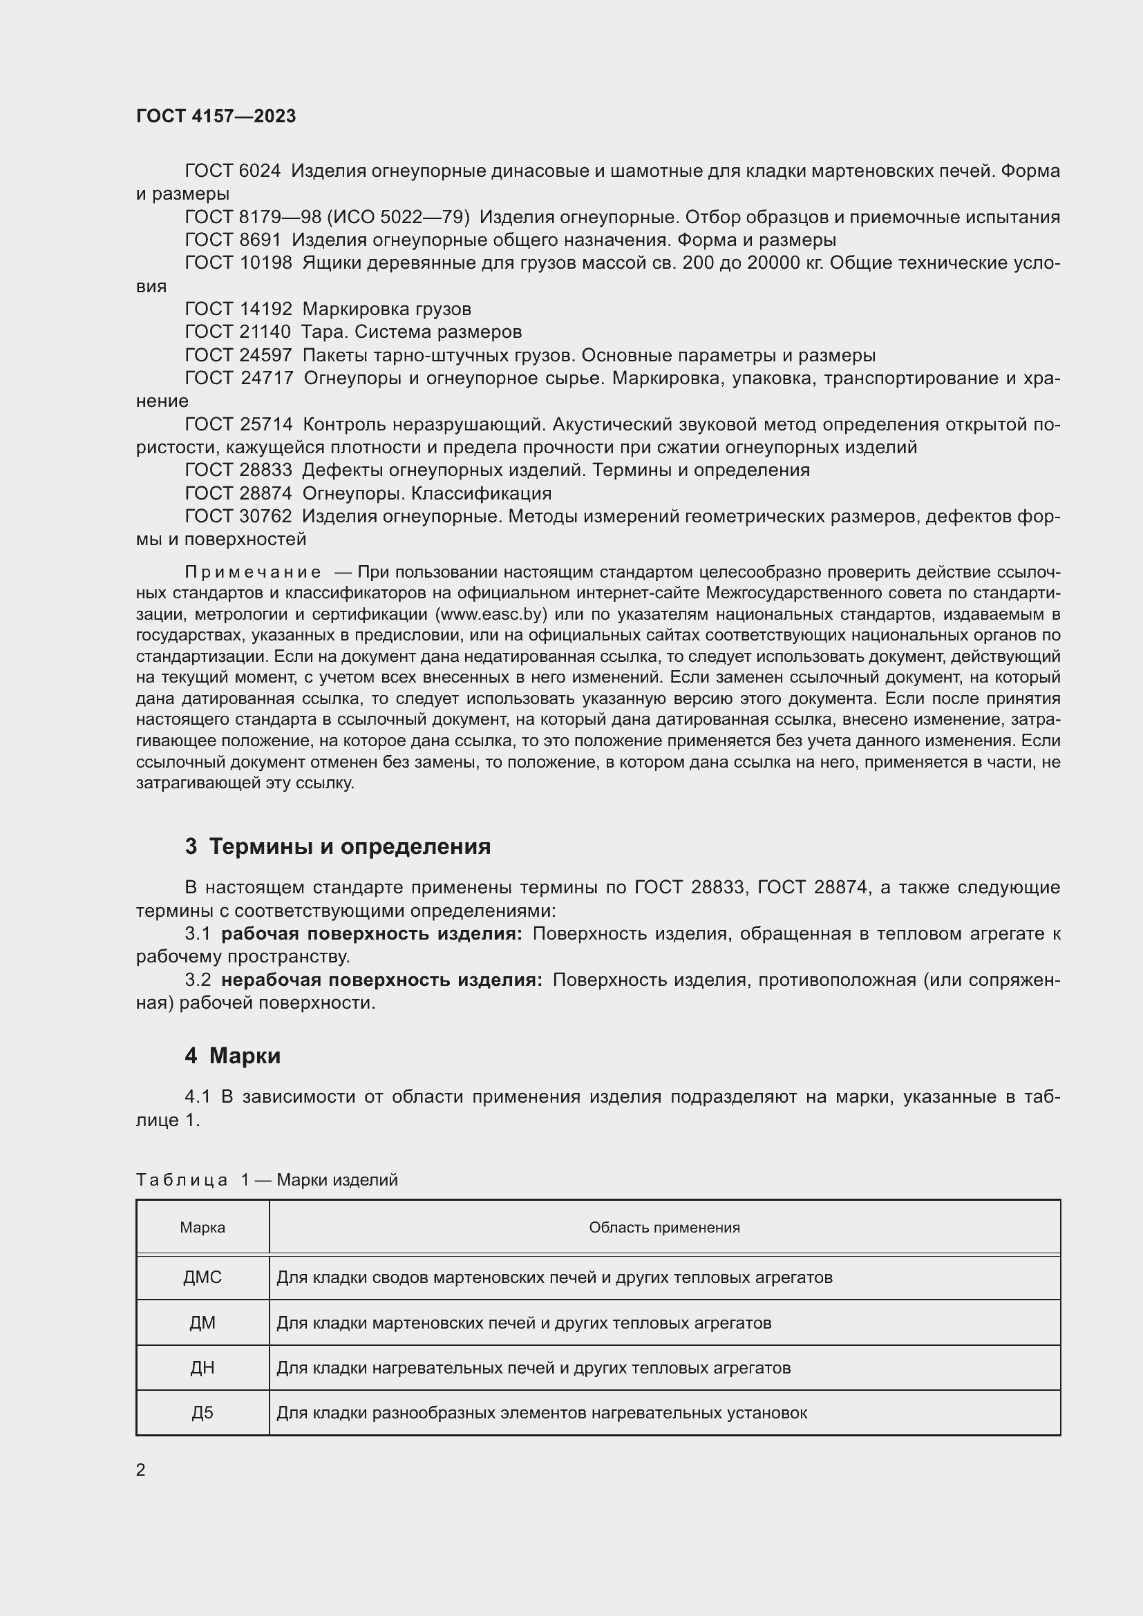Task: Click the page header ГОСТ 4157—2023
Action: [x=216, y=116]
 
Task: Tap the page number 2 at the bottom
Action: [x=141, y=1470]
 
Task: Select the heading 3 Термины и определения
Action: [x=338, y=846]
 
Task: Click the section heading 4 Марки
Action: [x=233, y=1056]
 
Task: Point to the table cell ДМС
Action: [x=202, y=1277]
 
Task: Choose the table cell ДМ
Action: [x=202, y=1323]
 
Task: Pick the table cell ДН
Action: [x=202, y=1367]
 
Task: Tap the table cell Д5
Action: [x=202, y=1413]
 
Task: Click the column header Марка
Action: [x=202, y=1228]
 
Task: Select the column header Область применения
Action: [x=664, y=1228]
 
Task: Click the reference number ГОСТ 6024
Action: [x=232, y=171]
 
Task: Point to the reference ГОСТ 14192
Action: [x=238, y=309]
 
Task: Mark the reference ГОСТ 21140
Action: [x=238, y=332]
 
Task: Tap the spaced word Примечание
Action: [x=254, y=571]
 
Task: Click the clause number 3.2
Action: [x=198, y=980]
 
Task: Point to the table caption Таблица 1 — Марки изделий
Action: [x=267, y=1179]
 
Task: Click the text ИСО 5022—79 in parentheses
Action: [x=397, y=217]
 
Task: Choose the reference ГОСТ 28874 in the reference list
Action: [x=238, y=493]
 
